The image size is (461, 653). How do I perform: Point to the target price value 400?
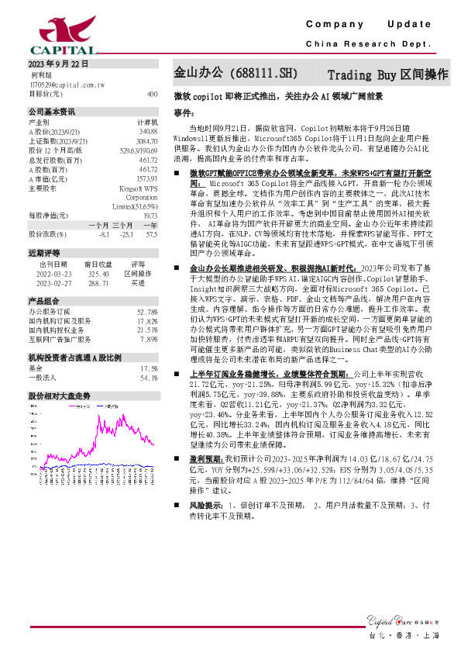(152, 93)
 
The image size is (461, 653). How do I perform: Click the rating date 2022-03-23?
(53, 273)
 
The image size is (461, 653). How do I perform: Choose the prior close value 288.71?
(98, 282)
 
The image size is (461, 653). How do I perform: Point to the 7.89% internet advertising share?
(150, 338)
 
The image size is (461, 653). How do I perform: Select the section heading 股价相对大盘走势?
(59, 396)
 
